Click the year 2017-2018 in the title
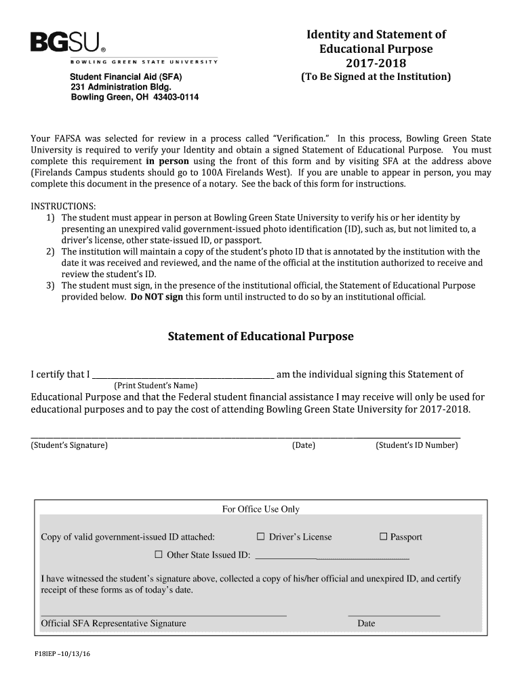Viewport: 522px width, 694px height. coord(376,63)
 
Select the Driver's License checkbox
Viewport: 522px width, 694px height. coord(260,537)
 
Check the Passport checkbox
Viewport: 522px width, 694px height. coord(383,537)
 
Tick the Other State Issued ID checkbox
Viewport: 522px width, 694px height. coord(159,554)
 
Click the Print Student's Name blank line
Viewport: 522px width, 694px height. coord(183,375)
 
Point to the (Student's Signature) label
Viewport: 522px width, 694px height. coord(69,445)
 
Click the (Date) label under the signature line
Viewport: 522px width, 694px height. coord(303,445)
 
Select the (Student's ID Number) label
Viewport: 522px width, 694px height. coord(416,445)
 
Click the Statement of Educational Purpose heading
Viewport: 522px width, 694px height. coord(261,337)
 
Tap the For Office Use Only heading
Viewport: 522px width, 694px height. coord(260,509)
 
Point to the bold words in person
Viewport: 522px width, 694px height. coord(167,161)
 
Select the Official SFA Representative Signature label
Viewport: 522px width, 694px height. coord(113,624)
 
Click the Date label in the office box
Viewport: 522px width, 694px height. coord(366,624)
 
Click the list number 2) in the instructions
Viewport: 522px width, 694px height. coord(50,251)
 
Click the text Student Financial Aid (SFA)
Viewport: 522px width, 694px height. coord(126,77)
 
